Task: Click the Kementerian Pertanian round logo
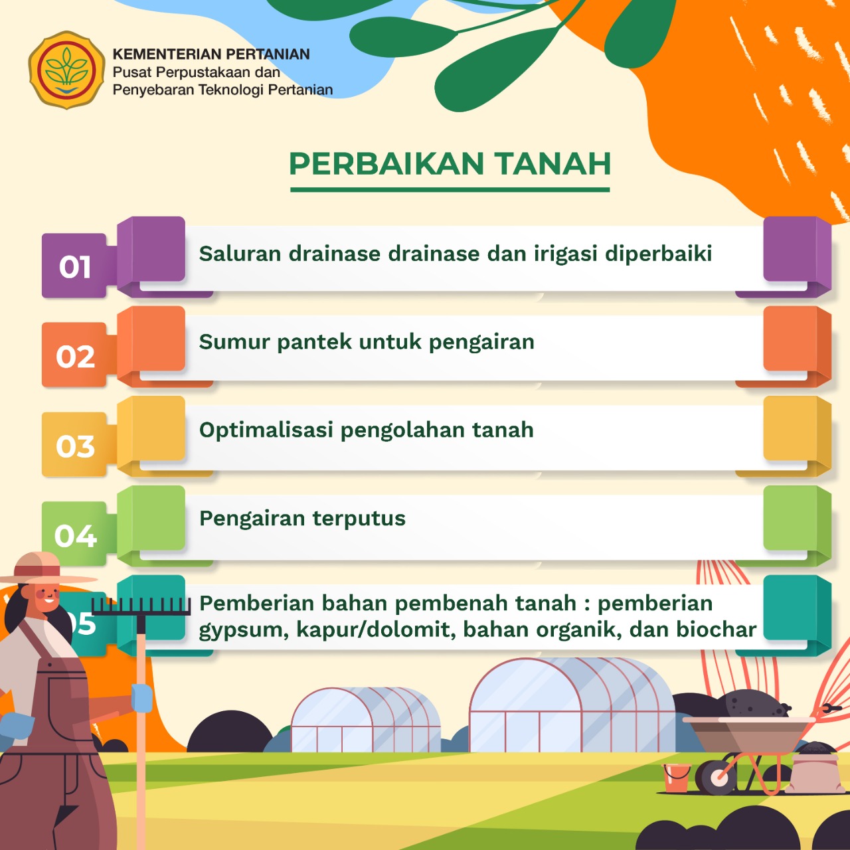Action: (66, 70)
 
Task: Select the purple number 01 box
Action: (74, 266)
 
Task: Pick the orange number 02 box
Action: (74, 355)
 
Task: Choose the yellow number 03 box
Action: (74, 445)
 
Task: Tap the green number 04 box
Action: (74, 534)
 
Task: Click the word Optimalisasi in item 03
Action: (266, 430)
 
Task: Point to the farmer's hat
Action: (44, 570)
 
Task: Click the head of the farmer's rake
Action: (141, 606)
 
